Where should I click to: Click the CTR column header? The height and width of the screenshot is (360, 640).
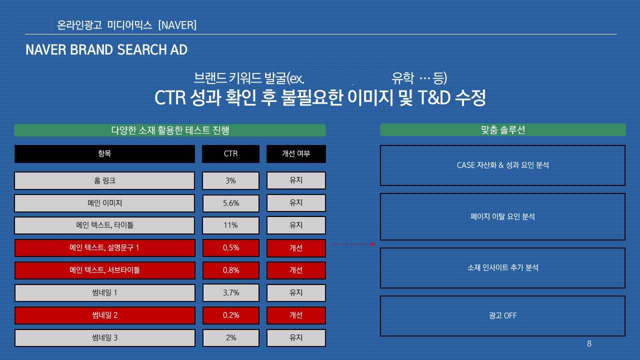click(x=231, y=153)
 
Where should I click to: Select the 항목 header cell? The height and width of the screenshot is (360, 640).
click(x=104, y=153)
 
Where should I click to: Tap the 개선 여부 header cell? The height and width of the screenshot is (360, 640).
click(x=296, y=153)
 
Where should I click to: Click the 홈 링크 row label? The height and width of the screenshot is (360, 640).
click(x=104, y=180)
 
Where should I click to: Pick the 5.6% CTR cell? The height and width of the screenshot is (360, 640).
click(x=231, y=203)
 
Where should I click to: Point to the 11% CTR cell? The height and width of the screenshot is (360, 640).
click(x=231, y=225)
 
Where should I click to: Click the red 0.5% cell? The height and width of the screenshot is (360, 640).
click(x=231, y=247)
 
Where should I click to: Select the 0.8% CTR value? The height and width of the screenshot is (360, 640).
click(x=231, y=270)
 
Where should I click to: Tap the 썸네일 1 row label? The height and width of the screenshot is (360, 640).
click(x=104, y=293)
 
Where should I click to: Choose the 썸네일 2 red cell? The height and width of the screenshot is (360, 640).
click(x=104, y=315)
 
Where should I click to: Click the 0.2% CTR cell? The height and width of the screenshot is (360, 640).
click(x=231, y=315)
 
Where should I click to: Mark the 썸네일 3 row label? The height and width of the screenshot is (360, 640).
click(x=104, y=338)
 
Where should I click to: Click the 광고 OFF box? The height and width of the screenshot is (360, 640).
click(x=502, y=316)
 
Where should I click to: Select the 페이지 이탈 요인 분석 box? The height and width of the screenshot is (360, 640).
click(x=502, y=216)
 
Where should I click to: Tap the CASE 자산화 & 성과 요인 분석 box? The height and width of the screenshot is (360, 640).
click(x=502, y=165)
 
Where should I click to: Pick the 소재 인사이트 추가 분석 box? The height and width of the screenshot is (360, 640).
click(x=502, y=268)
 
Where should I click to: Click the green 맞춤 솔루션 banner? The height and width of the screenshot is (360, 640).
click(x=503, y=130)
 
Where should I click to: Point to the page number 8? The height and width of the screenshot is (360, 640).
click(x=589, y=343)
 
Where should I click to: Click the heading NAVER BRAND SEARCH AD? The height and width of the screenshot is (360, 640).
click(x=106, y=49)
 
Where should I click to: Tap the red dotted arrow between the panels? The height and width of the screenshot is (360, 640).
click(x=353, y=244)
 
